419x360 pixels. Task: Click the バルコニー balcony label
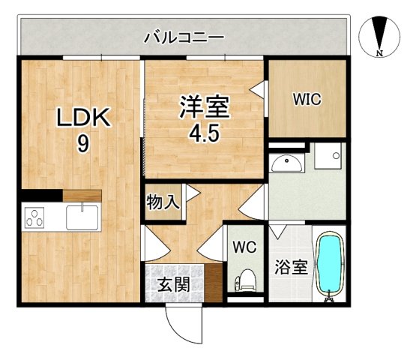[x=183, y=35]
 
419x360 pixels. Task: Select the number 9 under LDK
[x=82, y=143]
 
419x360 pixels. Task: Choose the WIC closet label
[x=307, y=99]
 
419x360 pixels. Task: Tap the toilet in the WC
[x=245, y=281]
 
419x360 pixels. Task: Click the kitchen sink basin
[x=83, y=217]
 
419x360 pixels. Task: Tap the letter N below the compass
[x=380, y=54]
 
